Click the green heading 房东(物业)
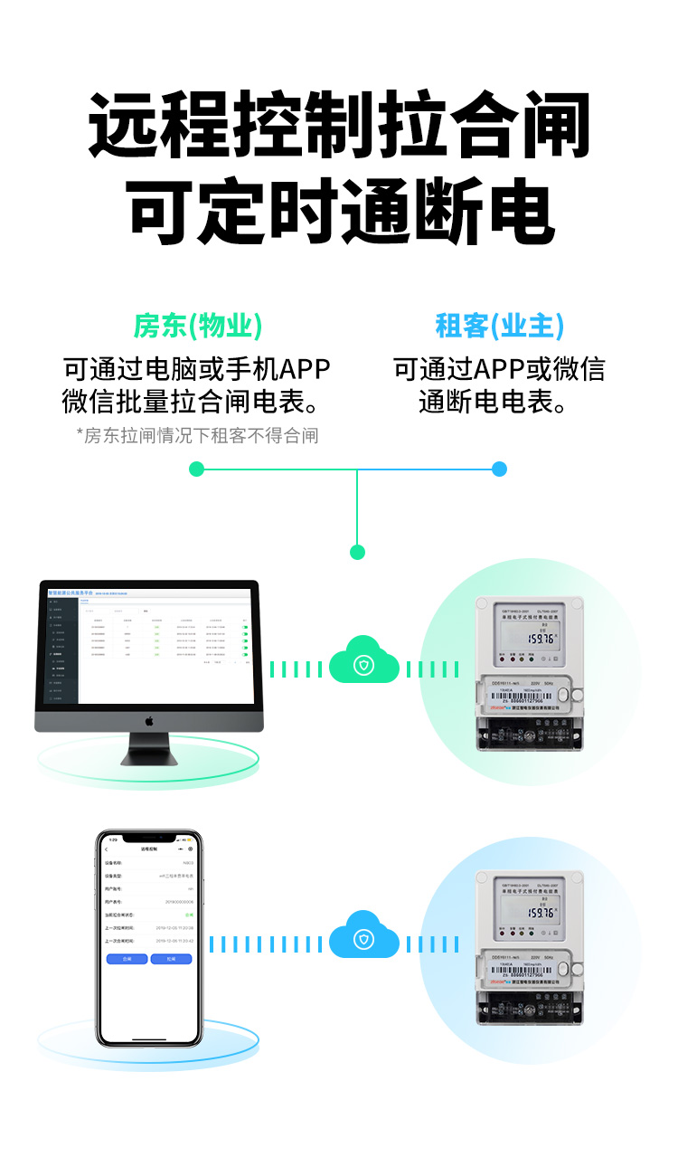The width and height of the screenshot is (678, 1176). click(198, 326)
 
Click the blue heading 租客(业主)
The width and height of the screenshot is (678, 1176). click(499, 326)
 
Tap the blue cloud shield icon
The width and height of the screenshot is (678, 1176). click(363, 940)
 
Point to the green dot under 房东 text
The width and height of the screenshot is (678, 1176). click(197, 469)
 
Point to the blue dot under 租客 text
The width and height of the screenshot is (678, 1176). click(499, 469)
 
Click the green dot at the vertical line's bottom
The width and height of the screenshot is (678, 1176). click(357, 552)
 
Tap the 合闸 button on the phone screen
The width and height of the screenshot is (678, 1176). click(127, 959)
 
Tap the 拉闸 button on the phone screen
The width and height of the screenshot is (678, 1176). click(171, 959)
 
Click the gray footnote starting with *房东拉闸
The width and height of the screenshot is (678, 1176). click(197, 436)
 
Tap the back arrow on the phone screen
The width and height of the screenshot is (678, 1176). click(107, 849)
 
